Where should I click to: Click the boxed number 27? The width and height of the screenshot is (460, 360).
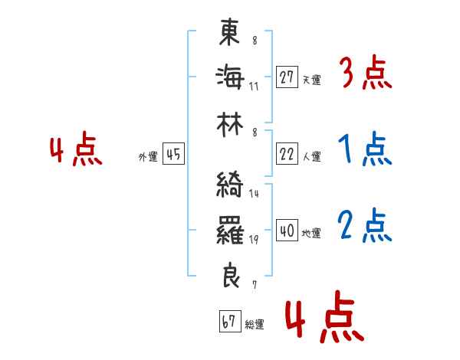coord(287,77)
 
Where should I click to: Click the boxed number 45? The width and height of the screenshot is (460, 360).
coord(173,155)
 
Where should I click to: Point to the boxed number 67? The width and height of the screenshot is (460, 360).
coord(228,322)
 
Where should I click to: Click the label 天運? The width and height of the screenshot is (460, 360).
coord(311,80)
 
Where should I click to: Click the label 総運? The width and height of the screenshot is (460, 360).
coord(254,325)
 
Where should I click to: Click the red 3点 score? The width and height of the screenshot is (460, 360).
coord(365,74)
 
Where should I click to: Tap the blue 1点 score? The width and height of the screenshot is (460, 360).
coord(365,149)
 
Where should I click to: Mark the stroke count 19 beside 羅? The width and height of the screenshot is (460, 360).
coord(254,240)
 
